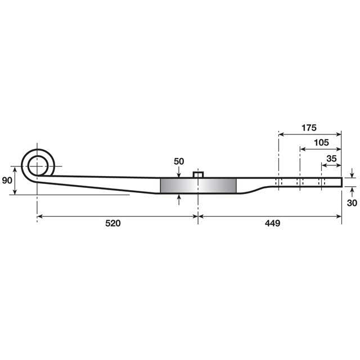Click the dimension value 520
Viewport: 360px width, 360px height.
(x=112, y=223)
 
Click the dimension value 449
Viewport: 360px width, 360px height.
(x=272, y=223)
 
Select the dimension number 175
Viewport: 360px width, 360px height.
(x=309, y=127)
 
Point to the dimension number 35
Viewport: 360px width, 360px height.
(x=331, y=159)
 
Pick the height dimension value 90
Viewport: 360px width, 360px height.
(x=7, y=181)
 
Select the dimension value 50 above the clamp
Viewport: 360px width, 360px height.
(x=179, y=161)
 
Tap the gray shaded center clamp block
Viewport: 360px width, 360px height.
(x=198, y=186)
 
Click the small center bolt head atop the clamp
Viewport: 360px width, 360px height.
(x=198, y=174)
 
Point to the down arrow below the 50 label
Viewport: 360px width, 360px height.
(x=179, y=174)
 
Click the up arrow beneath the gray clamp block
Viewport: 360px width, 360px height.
(x=179, y=197)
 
